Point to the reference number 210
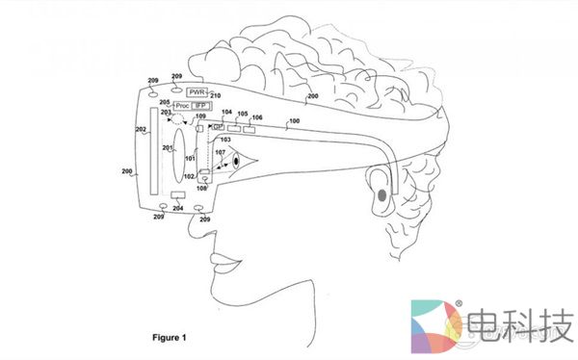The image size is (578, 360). [216, 96]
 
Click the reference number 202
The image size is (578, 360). [141, 129]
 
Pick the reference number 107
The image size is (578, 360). [221, 151]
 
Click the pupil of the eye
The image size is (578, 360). [234, 163]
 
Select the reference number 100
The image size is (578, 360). [295, 120]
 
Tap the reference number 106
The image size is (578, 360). [256, 116]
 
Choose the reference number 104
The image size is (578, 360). [227, 113]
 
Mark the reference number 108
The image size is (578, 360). [200, 188]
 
